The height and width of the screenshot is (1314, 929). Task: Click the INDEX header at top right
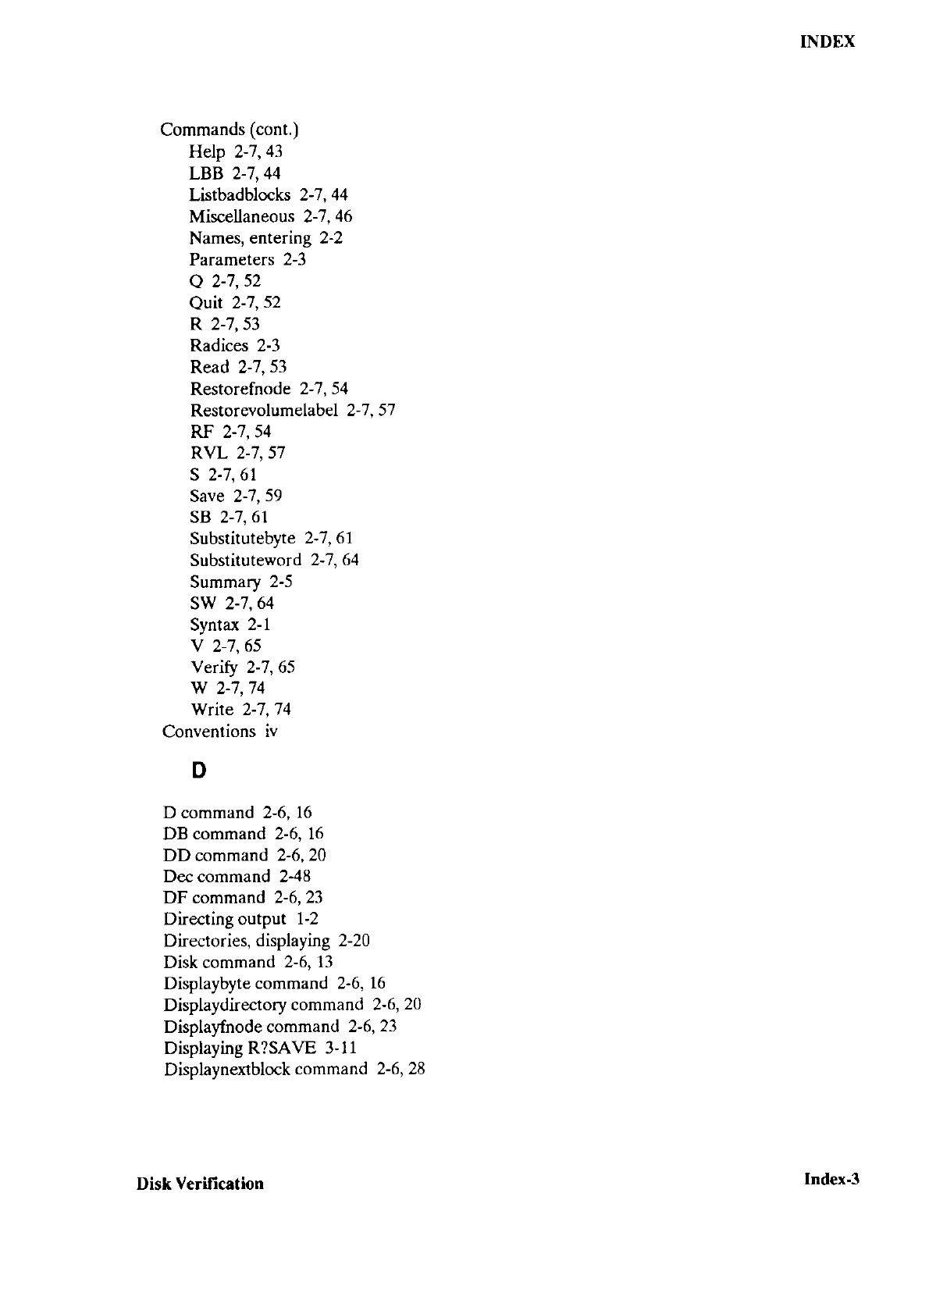coord(828,42)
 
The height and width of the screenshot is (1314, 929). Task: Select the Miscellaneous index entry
coord(242,216)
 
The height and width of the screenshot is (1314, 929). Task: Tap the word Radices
coord(219,346)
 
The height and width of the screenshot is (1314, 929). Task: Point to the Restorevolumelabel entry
coord(264,410)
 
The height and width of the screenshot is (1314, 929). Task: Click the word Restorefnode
coord(240,389)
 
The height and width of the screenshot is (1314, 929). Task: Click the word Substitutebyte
coord(243,539)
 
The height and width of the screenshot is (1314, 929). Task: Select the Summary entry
coord(225,582)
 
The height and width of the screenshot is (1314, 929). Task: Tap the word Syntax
coord(215,625)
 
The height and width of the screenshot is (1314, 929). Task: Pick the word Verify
coord(215,668)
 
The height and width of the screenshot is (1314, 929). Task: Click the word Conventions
coord(208,732)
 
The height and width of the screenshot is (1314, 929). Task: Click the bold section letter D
coord(199,771)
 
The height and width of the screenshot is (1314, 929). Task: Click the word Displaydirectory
coord(225,1005)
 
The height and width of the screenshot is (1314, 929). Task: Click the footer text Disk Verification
coord(200,1184)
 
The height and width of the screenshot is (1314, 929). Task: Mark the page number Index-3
coord(831,1179)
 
